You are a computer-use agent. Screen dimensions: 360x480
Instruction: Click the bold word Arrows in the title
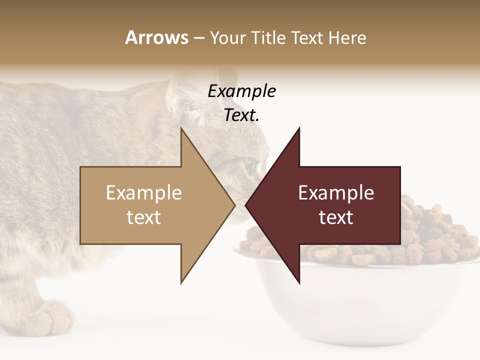[156, 37]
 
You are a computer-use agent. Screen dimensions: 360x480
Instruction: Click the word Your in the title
[228, 37]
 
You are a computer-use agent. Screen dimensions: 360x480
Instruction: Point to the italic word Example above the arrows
[241, 91]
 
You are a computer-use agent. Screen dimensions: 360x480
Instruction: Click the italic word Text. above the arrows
[241, 115]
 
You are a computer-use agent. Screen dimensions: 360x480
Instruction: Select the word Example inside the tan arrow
[144, 192]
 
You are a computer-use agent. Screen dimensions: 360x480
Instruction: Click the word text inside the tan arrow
[144, 217]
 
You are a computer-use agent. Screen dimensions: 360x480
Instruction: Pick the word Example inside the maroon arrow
[336, 192]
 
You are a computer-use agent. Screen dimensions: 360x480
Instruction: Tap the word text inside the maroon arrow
[336, 217]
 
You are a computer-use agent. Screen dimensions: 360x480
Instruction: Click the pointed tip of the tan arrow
[234, 205]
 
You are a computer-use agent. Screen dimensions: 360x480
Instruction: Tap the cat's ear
[182, 95]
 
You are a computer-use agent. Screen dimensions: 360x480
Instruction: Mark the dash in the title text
[198, 38]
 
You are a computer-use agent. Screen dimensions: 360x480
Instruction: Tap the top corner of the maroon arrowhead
[299, 128]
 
